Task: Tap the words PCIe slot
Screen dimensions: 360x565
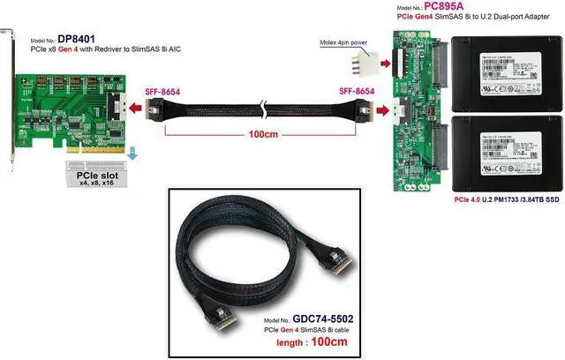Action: pyautogui.click(x=86, y=175)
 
